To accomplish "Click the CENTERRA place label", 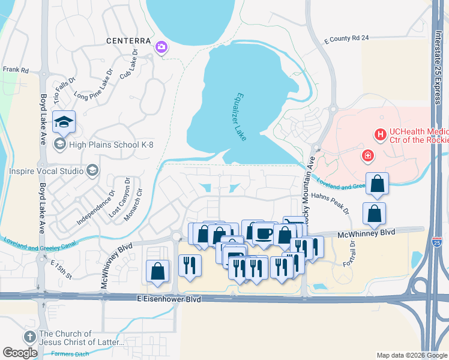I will point(127,41).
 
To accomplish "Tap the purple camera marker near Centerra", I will point(161,47).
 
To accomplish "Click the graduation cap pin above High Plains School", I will point(64,122).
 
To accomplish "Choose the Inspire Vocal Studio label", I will point(46,171).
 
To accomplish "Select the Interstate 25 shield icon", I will point(437,242).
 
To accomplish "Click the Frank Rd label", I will point(16,70).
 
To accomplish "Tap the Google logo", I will point(20,353).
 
